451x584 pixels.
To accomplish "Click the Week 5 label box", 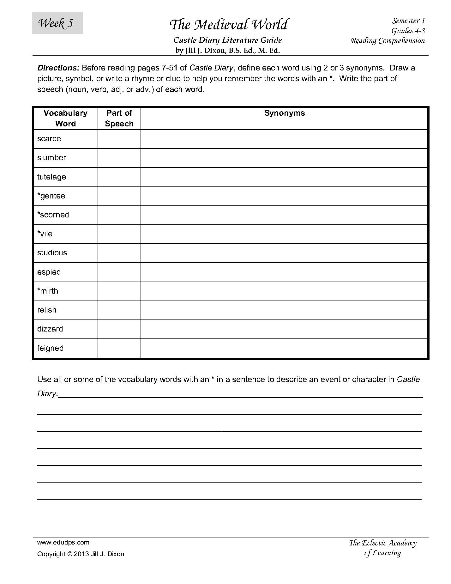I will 57,23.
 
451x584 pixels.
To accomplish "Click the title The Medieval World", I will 229,25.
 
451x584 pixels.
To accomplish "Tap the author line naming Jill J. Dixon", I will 227,50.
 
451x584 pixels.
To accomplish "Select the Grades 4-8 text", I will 408,31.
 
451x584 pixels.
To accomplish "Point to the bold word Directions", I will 58,68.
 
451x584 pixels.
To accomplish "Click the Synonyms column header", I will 284,113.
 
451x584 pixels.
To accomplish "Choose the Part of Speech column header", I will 119,118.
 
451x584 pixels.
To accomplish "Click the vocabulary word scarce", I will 49,139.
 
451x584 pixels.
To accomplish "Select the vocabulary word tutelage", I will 51,177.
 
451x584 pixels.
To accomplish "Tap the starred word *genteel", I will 52,196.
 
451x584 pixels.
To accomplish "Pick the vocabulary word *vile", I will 45,234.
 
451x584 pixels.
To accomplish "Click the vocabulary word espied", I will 49,272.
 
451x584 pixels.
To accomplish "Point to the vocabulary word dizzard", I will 50,329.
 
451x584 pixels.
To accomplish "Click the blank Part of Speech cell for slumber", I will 119,158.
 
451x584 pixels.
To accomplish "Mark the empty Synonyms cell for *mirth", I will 284,291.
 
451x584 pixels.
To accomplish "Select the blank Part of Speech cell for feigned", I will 119,348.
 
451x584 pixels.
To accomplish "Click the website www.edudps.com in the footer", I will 63,542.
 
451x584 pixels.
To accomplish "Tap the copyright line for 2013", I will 81,554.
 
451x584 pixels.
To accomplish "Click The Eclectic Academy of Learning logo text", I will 382,548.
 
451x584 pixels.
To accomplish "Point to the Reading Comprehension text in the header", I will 388,41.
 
